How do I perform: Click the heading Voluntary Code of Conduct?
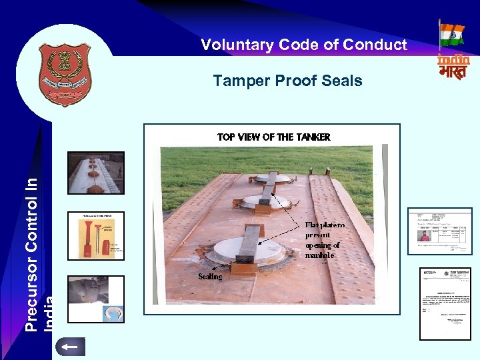tap(303, 45)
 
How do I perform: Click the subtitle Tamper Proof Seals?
tap(287, 81)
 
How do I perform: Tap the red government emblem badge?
tap(65, 71)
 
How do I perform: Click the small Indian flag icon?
tap(451, 33)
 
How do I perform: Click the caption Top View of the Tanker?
tap(273, 137)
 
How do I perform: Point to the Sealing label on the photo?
tap(209, 276)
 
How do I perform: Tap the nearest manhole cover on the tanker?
tap(238, 251)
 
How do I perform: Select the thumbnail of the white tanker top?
tap(96, 173)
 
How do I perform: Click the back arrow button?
tap(71, 347)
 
